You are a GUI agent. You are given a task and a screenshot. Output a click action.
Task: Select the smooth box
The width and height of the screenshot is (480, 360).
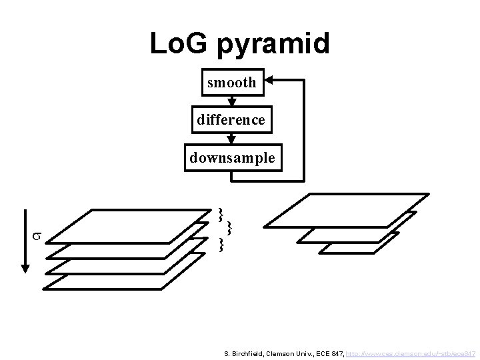(231, 83)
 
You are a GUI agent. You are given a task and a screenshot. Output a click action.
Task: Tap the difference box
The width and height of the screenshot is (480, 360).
(231, 120)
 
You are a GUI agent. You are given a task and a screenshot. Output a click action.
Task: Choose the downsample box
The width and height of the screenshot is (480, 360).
(231, 158)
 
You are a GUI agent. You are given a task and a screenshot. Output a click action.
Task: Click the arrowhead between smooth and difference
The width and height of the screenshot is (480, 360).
(231, 101)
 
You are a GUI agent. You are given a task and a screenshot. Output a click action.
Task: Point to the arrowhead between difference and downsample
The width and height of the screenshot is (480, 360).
(231, 139)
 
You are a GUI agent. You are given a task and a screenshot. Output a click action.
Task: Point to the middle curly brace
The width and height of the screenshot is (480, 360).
(229, 229)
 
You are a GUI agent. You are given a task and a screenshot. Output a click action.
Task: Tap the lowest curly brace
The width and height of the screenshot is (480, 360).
(221, 245)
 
